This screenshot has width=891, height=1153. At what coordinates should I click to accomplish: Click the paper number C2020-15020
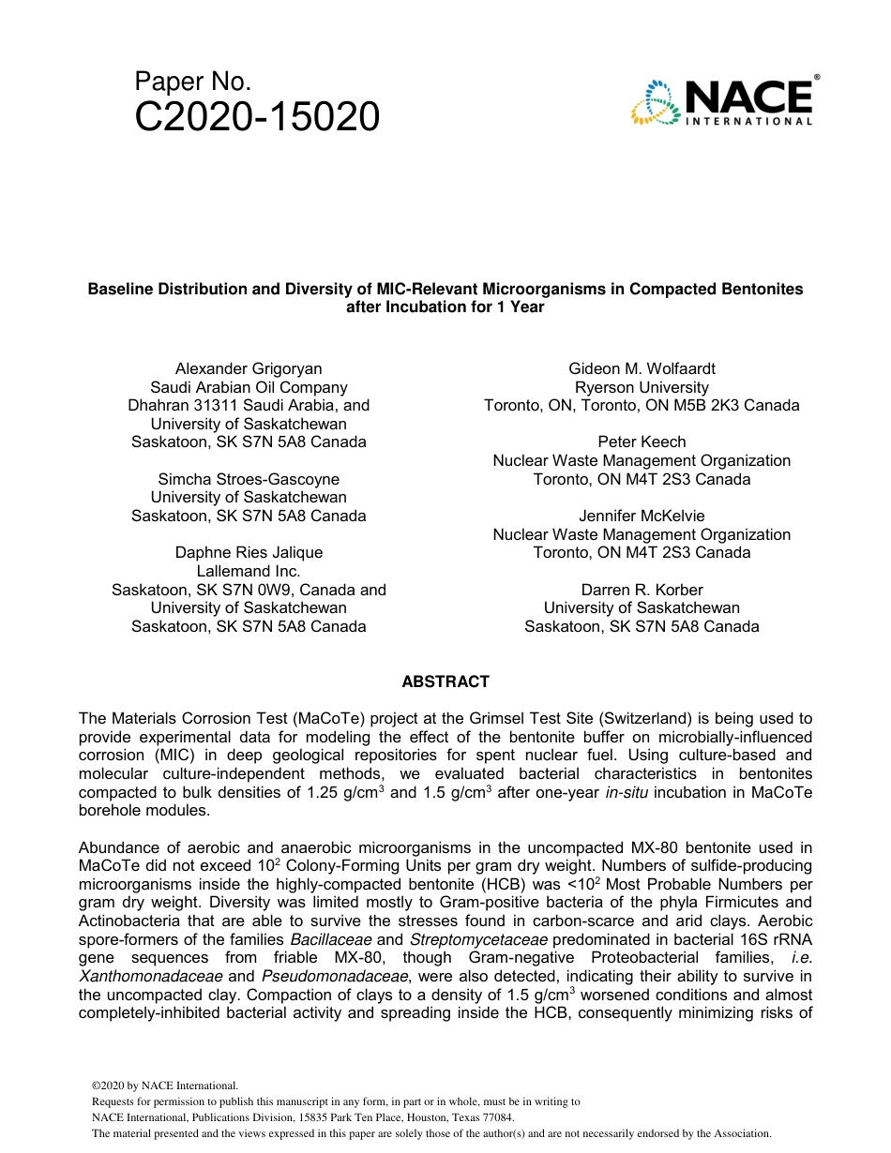[257, 117]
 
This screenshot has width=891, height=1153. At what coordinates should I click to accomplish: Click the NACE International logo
[723, 101]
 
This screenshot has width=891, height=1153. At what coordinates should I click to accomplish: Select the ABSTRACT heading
[445, 681]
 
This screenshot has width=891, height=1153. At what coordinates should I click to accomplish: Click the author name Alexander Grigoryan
[249, 368]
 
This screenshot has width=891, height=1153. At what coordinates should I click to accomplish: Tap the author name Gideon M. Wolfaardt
[642, 368]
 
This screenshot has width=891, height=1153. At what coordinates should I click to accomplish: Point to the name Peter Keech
[642, 442]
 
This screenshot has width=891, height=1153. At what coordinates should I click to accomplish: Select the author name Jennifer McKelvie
[642, 516]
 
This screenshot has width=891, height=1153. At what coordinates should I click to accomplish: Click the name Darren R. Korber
[642, 590]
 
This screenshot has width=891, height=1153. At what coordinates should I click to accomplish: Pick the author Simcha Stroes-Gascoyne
[249, 479]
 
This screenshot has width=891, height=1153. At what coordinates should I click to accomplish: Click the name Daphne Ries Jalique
[249, 552]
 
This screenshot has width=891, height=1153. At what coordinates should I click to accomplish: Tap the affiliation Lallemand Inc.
[249, 571]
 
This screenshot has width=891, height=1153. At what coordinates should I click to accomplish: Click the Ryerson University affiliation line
[642, 387]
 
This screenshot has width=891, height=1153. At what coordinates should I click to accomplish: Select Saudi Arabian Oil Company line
[249, 387]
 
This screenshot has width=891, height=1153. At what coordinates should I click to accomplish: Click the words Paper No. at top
[192, 82]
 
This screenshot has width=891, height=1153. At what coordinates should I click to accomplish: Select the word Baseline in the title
[121, 289]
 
